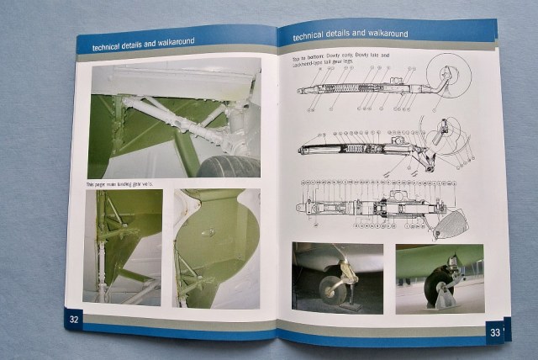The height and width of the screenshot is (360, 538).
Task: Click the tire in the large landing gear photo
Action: point(228,166)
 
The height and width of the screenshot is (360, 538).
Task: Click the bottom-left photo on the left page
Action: point(124,246)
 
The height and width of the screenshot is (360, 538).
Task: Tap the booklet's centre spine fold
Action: point(277,185)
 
